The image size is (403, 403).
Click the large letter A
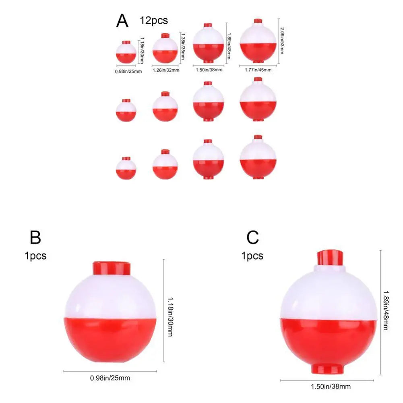(122, 21)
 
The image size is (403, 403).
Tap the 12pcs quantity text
(154, 21)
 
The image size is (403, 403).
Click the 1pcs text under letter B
(35, 256)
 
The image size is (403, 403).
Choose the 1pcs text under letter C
(252, 256)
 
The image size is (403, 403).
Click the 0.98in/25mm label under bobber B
(110, 378)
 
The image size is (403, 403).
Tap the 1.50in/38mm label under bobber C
(331, 386)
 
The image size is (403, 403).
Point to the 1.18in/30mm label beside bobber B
(170, 317)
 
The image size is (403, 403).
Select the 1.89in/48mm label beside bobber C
(386, 310)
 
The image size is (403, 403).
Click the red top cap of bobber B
(112, 268)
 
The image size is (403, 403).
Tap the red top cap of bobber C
(330, 258)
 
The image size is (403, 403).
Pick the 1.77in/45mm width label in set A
(258, 70)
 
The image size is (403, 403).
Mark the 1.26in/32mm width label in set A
(166, 70)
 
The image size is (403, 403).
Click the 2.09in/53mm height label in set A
(282, 41)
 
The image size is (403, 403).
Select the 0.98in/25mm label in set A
(128, 71)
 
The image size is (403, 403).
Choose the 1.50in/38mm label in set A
(209, 70)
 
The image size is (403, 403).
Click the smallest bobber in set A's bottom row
(126, 168)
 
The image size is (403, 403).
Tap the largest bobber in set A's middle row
(258, 99)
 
